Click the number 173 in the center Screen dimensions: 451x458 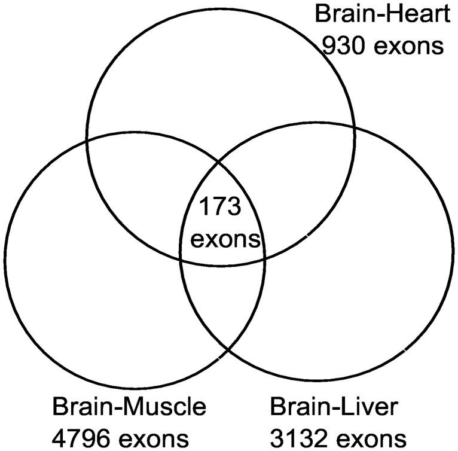[x=219, y=208]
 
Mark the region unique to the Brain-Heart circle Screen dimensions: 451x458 [x=221, y=90]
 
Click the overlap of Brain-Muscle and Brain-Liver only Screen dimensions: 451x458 [x=223, y=299]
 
